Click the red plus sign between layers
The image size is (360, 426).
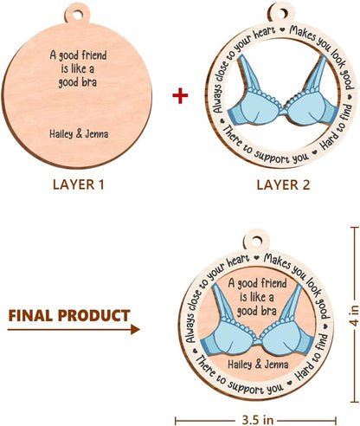pos(180,95)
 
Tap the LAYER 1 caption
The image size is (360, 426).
pos(78,184)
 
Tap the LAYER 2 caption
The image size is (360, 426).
pos(283,184)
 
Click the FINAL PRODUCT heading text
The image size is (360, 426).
pos(69,315)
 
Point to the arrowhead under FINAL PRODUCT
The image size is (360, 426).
pos(135,329)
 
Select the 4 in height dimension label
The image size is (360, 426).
pos(355,316)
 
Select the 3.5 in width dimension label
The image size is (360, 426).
pos(255,420)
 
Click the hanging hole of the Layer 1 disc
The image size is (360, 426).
pos(77,14)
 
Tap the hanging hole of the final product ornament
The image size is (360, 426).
pos(256,240)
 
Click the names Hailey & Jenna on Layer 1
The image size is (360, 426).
pos(79,134)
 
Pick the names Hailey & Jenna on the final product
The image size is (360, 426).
pos(258,365)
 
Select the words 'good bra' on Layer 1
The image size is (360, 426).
pos(77,82)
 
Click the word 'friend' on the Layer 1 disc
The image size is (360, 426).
pos(93,55)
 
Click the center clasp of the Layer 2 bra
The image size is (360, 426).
pos(284,112)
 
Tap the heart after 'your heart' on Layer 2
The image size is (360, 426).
pos(283,29)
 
